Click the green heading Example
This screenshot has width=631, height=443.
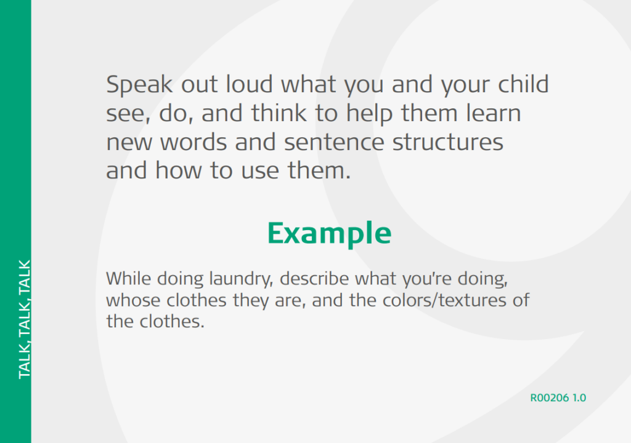[329, 234]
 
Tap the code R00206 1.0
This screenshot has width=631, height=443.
[558, 397]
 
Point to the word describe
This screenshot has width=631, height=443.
[315, 279]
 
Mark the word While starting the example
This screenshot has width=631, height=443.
[128, 279]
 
